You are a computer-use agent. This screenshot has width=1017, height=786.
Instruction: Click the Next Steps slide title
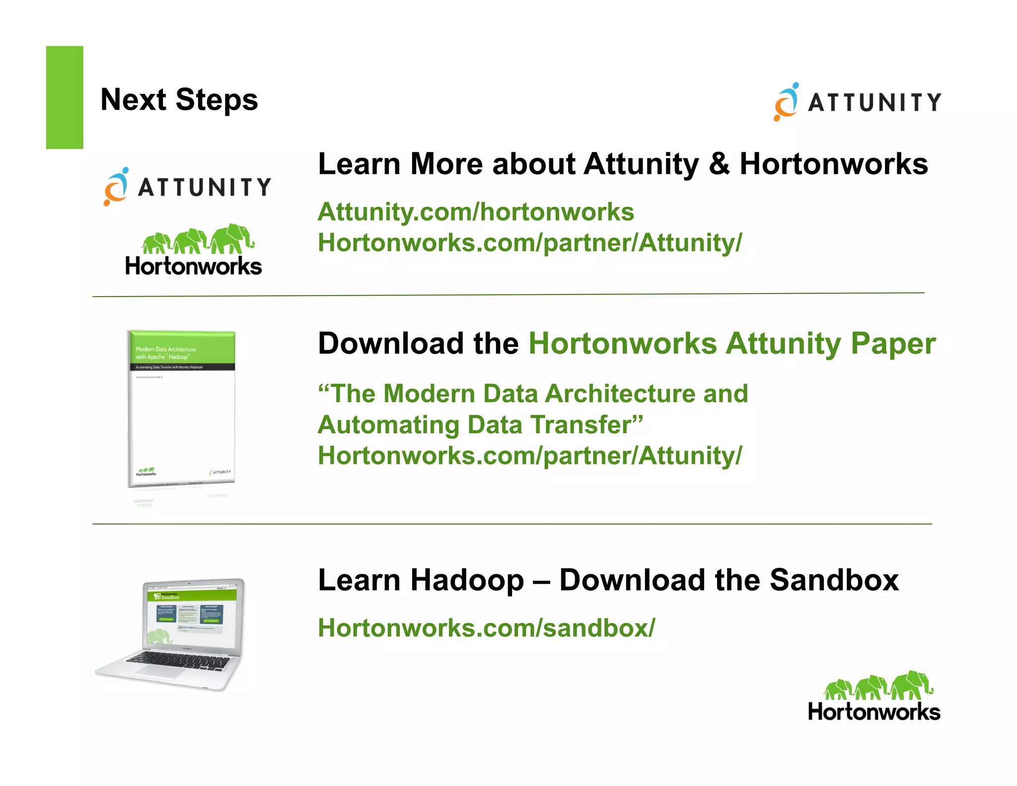point(179,100)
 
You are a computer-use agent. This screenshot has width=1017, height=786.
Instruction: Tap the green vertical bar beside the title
point(65,97)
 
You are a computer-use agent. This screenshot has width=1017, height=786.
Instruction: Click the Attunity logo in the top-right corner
point(857,102)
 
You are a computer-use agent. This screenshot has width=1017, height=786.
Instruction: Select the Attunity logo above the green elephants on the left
point(187,187)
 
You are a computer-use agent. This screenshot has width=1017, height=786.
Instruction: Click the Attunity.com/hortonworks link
point(476,212)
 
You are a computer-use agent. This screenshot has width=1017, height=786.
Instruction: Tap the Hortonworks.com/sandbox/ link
point(486,628)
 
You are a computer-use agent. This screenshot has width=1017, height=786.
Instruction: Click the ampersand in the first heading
point(719,164)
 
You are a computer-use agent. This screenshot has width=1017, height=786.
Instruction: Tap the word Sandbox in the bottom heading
point(834,580)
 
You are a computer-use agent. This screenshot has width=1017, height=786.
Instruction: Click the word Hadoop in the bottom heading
point(467,580)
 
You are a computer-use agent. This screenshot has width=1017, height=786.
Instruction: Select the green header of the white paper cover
point(182,347)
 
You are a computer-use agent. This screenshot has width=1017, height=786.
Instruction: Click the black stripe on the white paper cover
point(182,367)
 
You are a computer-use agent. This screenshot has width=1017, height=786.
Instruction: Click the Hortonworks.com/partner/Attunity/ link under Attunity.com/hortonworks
point(530,243)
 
